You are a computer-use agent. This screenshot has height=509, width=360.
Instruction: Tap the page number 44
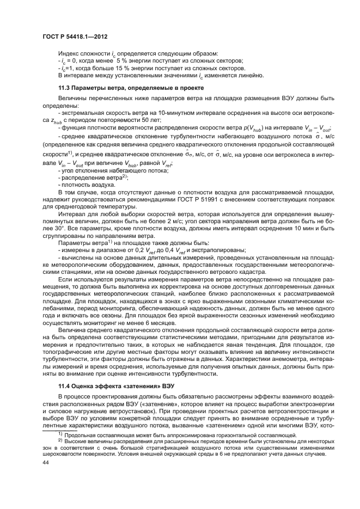45,476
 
